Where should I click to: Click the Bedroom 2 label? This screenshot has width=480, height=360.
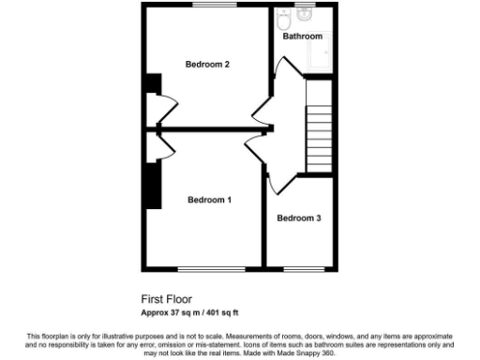pyautogui.click(x=207, y=65)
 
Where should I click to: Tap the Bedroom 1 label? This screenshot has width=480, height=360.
pyautogui.click(x=209, y=200)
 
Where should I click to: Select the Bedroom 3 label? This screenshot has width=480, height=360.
pyautogui.click(x=299, y=218)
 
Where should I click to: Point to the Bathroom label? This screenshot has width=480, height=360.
pyautogui.click(x=303, y=37)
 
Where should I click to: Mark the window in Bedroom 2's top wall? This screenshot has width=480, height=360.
pyautogui.click(x=208, y=5)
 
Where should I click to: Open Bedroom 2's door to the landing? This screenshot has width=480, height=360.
pyautogui.click(x=260, y=113)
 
